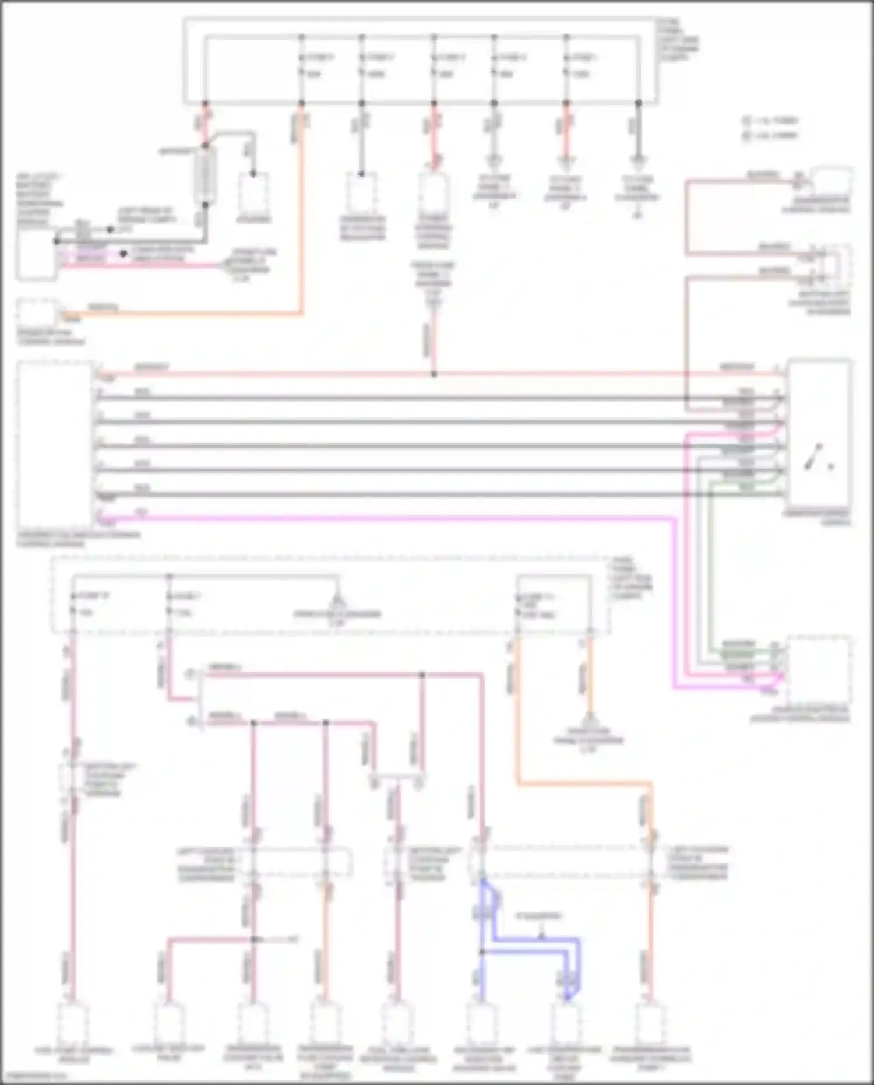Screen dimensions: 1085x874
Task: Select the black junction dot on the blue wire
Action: point(482,951)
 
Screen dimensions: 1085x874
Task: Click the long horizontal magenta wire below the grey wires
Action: point(385,517)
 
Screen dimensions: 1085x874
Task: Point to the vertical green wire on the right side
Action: point(711,566)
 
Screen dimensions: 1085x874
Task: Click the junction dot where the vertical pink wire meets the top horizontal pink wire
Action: point(434,374)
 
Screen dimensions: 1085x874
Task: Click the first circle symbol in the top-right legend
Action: point(746,121)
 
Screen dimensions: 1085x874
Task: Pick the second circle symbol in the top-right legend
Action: point(746,135)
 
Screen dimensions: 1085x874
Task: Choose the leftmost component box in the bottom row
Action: point(73,1023)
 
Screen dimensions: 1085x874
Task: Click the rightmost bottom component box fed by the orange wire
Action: point(651,1023)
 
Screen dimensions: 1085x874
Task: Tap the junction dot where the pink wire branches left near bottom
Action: point(253,939)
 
